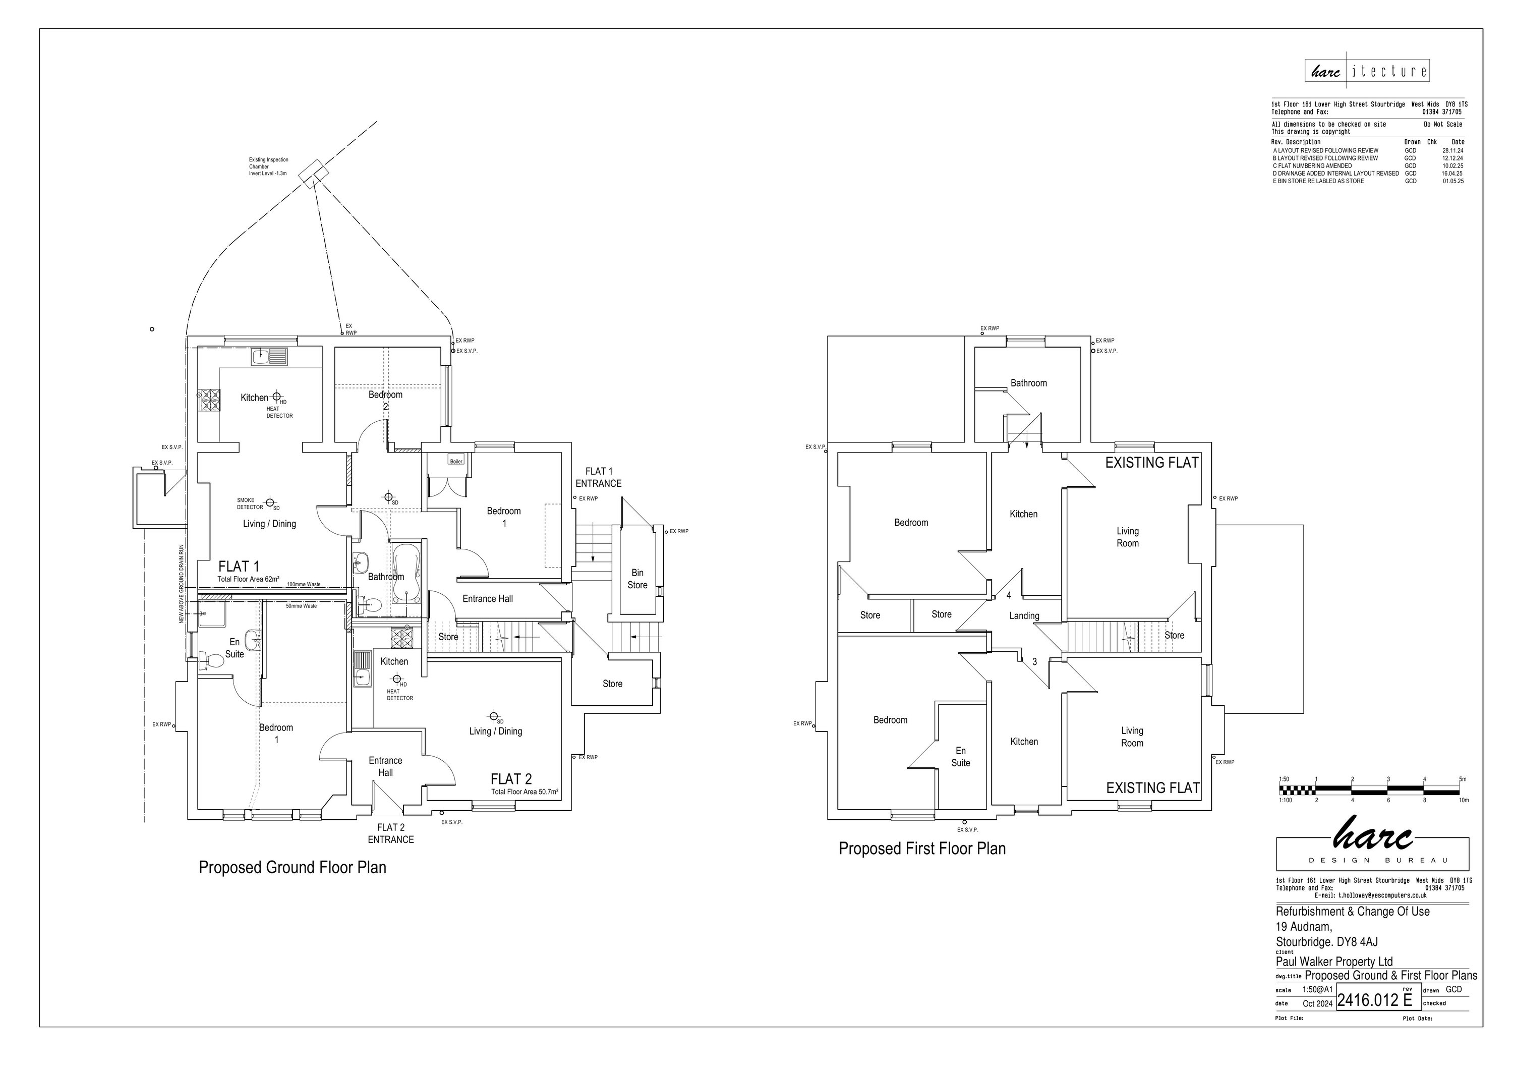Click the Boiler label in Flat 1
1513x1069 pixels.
456,461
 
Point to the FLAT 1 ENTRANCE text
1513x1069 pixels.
598,477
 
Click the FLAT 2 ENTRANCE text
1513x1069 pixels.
391,833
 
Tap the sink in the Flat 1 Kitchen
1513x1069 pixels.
269,357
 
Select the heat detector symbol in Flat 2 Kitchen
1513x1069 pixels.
397,679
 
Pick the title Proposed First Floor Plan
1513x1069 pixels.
921,848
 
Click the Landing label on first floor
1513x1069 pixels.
1024,615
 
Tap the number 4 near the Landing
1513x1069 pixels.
1009,595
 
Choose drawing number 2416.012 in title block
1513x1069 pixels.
1367,1000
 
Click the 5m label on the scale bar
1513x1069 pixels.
1462,779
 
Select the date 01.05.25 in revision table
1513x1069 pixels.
1452,181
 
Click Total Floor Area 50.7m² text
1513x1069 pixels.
525,792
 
